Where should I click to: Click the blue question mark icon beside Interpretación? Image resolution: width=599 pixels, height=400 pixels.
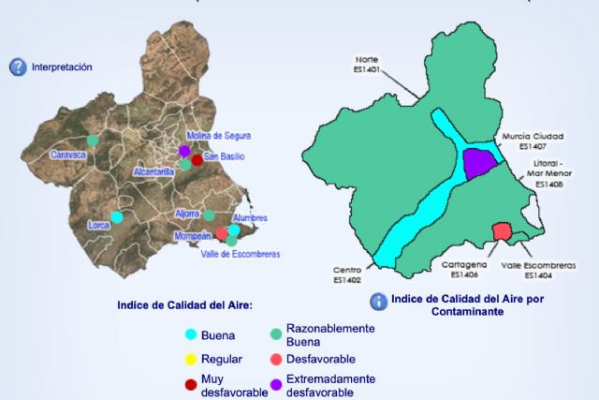pyautogui.click(x=17, y=67)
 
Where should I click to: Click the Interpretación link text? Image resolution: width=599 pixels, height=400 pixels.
pyautogui.click(x=62, y=67)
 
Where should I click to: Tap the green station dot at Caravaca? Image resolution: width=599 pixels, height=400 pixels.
pyautogui.click(x=93, y=141)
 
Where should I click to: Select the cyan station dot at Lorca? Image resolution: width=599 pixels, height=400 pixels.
pyautogui.click(x=116, y=216)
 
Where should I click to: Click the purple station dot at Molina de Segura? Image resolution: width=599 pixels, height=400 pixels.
pyautogui.click(x=184, y=150)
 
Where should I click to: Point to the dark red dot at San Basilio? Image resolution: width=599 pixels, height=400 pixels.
pyautogui.click(x=197, y=159)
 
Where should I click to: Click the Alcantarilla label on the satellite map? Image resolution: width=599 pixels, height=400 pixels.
pyautogui.click(x=155, y=172)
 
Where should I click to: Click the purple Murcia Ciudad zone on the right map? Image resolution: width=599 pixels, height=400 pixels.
pyautogui.click(x=479, y=162)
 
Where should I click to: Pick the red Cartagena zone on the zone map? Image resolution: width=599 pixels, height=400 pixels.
pyautogui.click(x=501, y=231)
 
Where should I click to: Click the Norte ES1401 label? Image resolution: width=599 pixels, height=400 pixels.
pyautogui.click(x=367, y=62)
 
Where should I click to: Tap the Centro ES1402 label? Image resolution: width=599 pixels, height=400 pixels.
pyautogui.click(x=347, y=274)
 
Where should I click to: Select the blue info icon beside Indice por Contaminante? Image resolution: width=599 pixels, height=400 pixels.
pyautogui.click(x=378, y=302)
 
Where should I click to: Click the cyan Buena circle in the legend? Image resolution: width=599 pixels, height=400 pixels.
pyautogui.click(x=191, y=333)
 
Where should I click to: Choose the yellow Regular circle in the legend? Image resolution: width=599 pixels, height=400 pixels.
pyautogui.click(x=191, y=359)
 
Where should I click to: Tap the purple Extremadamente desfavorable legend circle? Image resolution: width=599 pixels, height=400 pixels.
pyautogui.click(x=276, y=384)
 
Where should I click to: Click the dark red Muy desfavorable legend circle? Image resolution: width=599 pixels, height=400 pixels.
pyautogui.click(x=191, y=384)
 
